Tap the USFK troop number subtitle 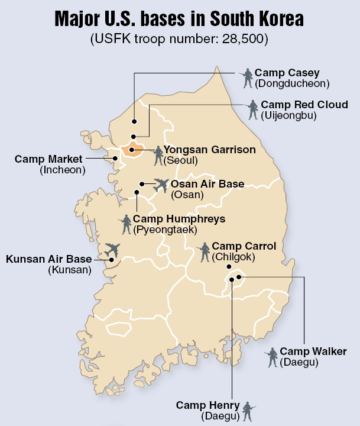tap(179, 40)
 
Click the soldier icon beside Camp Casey tap(248, 78)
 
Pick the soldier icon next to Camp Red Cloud tap(253, 109)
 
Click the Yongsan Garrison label tap(209, 150)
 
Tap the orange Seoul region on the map tap(135, 148)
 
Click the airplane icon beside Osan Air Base tap(160, 185)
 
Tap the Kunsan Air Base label tap(49, 259)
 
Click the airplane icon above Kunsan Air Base tap(112, 248)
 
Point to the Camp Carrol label tap(244, 246)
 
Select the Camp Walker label tap(313, 351)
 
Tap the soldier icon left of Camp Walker tap(272, 356)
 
